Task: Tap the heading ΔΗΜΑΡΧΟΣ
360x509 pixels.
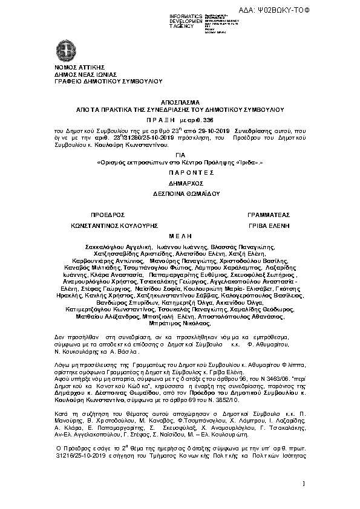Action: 179,181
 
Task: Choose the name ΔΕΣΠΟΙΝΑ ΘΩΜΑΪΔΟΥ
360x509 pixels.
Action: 179,193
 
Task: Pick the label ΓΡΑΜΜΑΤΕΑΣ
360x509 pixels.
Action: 269,215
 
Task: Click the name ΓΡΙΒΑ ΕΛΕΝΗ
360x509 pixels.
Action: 269,225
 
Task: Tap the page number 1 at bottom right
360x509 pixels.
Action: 303,482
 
